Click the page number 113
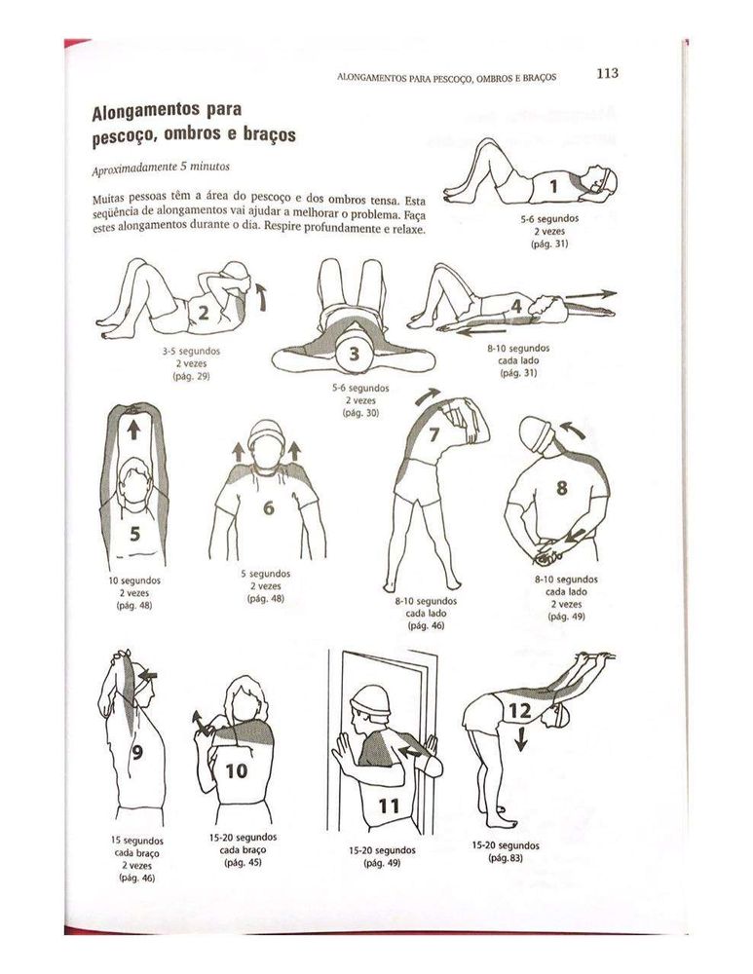[608, 73]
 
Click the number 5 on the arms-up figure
[134, 533]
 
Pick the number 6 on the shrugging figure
[268, 507]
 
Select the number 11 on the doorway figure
[389, 805]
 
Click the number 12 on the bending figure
[518, 712]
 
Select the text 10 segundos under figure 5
[134, 581]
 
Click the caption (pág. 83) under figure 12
[505, 857]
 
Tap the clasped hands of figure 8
[546, 554]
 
